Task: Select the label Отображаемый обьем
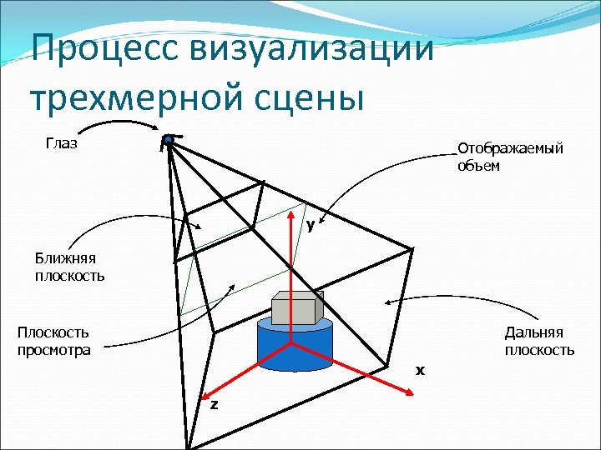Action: [509, 157]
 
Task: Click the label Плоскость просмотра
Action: [53, 341]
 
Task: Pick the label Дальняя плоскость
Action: [539, 341]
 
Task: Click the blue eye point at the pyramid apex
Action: [168, 139]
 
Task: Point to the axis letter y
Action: [310, 225]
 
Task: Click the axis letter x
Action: [421, 369]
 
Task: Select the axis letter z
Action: [214, 404]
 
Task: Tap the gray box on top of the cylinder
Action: [296, 307]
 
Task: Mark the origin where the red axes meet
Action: [290, 342]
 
